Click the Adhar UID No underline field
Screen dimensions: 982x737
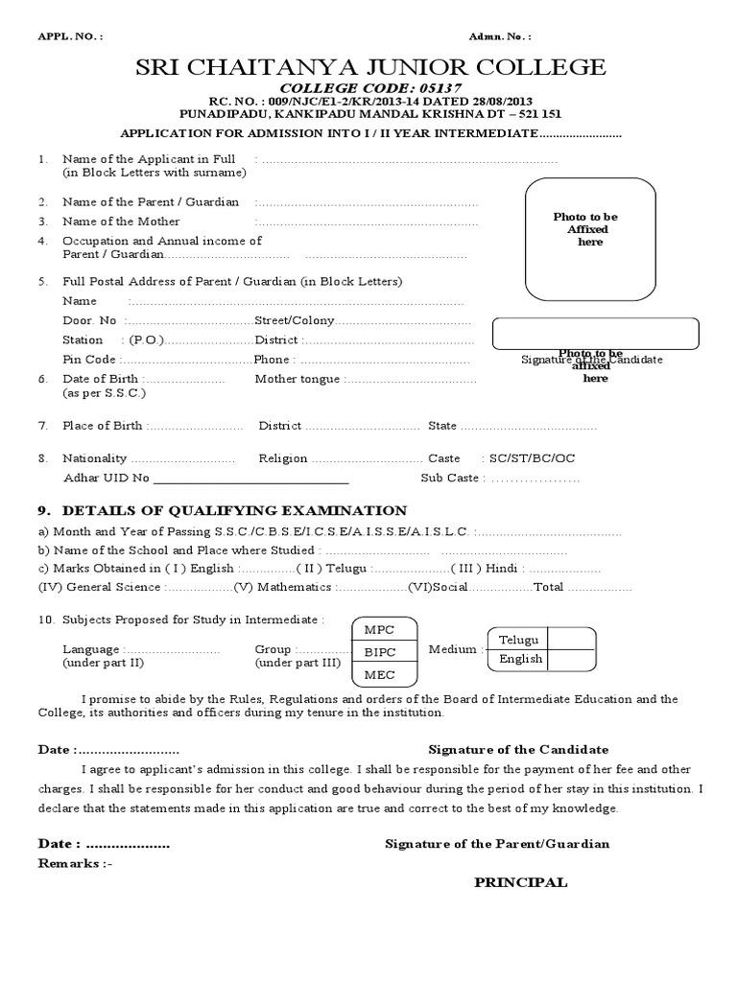[x=250, y=478]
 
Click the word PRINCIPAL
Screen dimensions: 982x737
[x=520, y=882]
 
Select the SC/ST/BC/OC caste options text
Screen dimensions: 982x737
[x=533, y=458]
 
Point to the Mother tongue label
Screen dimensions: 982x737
[x=297, y=379]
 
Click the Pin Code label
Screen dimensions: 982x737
[x=88, y=360]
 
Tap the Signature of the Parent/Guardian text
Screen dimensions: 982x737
[x=497, y=844]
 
